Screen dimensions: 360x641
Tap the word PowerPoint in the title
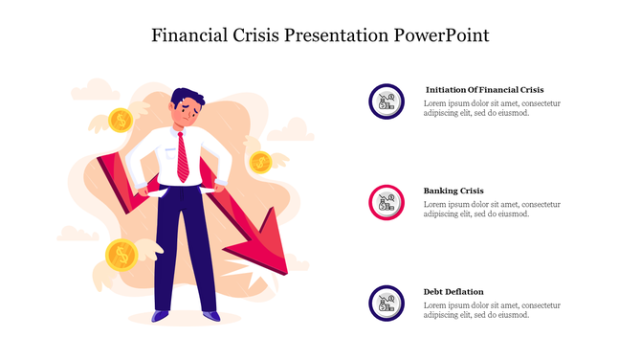click(441, 35)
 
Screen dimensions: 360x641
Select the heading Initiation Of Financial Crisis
click(484, 90)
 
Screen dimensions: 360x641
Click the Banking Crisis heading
click(453, 191)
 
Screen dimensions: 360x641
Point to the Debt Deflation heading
click(453, 291)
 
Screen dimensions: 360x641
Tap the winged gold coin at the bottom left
click(122, 254)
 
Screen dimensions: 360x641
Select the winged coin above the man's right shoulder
click(121, 121)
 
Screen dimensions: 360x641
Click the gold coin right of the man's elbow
click(259, 162)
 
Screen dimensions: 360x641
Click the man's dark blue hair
click(188, 97)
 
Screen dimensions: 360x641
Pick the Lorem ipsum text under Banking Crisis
click(491, 209)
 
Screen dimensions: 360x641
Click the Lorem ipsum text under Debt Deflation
click(491, 309)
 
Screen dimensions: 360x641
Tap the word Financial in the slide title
click(190, 35)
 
